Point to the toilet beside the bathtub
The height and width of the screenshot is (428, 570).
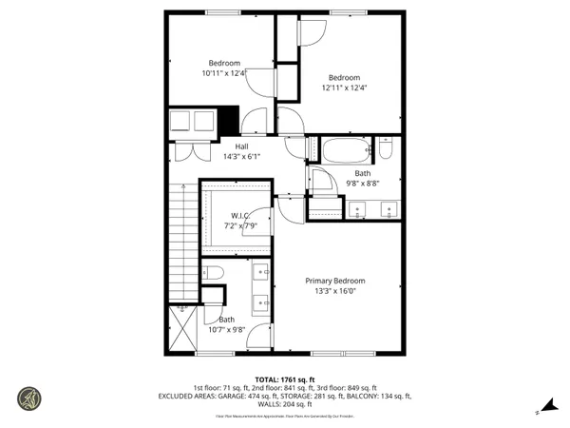pyautogui.click(x=386, y=149)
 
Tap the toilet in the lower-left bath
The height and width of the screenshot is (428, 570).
pyautogui.click(x=213, y=274)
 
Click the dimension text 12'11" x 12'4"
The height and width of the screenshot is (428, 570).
pyautogui.click(x=344, y=88)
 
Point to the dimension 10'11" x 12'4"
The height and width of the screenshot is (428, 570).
pyautogui.click(x=224, y=73)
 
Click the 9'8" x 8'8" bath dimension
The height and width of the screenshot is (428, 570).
pyautogui.click(x=362, y=185)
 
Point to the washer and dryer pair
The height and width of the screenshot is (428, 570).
pyautogui.click(x=193, y=121)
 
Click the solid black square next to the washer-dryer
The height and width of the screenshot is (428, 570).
pyautogui.click(x=228, y=121)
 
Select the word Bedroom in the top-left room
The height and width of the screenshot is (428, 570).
pyautogui.click(x=224, y=63)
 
